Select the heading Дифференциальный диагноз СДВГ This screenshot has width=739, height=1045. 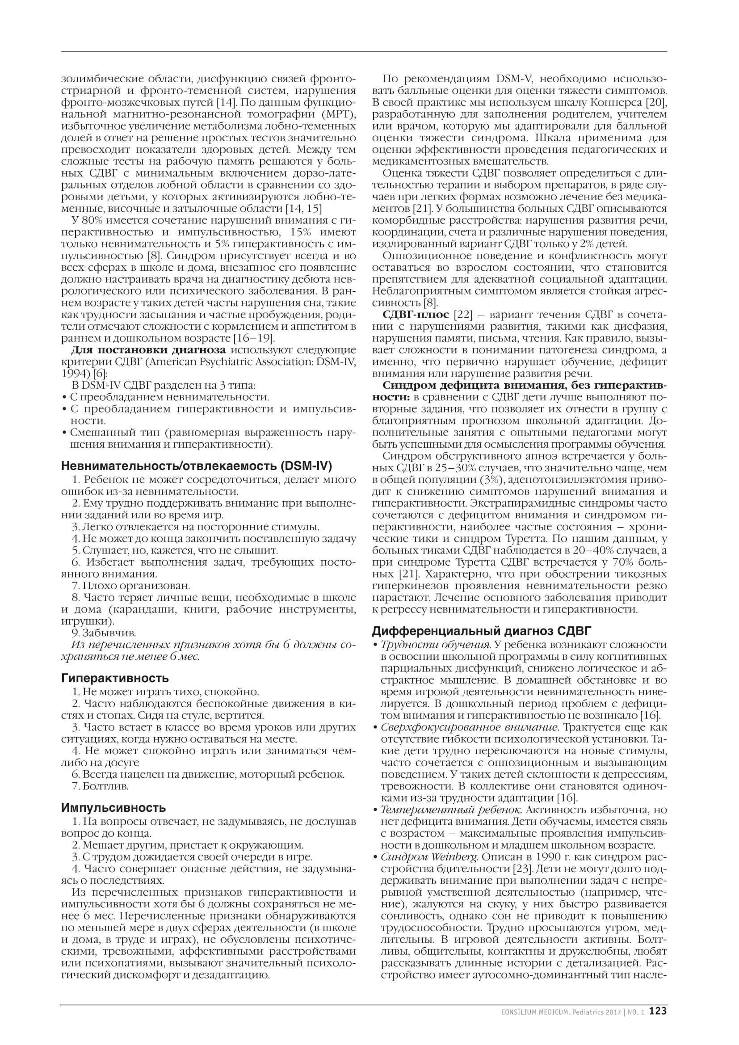coord(482,631)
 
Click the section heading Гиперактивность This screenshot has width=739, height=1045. coord(115,678)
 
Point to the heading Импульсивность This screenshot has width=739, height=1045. coord(113,808)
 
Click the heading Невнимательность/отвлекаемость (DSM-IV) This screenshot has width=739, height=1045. coord(197,466)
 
